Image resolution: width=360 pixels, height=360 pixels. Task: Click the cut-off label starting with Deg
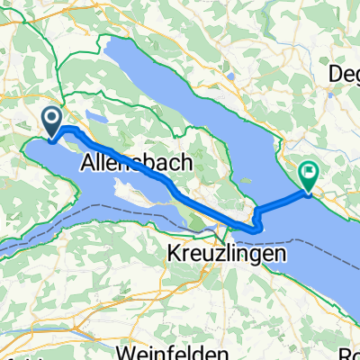(345, 73)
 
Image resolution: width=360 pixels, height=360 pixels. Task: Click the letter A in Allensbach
(88, 165)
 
